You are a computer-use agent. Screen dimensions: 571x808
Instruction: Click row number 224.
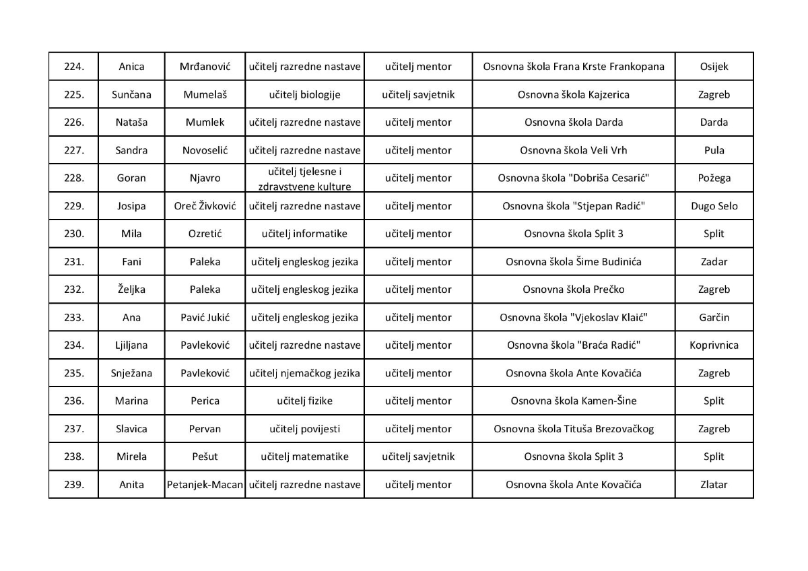[x=73, y=67]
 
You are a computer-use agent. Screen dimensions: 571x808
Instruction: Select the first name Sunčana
[x=131, y=95]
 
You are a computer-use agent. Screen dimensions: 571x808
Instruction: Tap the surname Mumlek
[x=205, y=123]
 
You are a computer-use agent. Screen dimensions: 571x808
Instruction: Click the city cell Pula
[x=714, y=150]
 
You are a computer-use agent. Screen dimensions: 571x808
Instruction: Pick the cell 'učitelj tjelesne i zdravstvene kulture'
[x=305, y=178]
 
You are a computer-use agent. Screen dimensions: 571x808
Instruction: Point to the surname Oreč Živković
[x=205, y=206]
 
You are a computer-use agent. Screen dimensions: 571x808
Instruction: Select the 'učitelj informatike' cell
[x=305, y=234]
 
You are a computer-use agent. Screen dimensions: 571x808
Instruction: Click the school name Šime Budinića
[x=574, y=262]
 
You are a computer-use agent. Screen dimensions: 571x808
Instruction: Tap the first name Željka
[x=131, y=290]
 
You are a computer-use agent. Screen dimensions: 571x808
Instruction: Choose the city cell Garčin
[x=714, y=317]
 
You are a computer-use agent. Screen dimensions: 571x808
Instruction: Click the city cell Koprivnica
[x=714, y=345]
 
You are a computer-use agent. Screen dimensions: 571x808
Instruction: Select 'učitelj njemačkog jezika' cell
[x=305, y=373]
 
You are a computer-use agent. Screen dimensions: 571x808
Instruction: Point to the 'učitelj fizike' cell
[x=305, y=401]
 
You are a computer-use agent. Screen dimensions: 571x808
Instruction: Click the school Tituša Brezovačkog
[x=574, y=429]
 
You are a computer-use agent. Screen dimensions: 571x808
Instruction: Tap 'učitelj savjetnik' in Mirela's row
[x=418, y=457]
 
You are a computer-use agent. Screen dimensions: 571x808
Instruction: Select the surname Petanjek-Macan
[x=205, y=484]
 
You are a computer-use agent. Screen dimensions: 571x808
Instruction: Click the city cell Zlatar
[x=714, y=484]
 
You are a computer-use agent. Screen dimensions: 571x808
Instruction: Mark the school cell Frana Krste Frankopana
[x=574, y=67]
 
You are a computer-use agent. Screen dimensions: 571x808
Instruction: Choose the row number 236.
[x=73, y=401]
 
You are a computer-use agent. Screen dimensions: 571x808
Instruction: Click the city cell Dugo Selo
[x=714, y=206]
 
